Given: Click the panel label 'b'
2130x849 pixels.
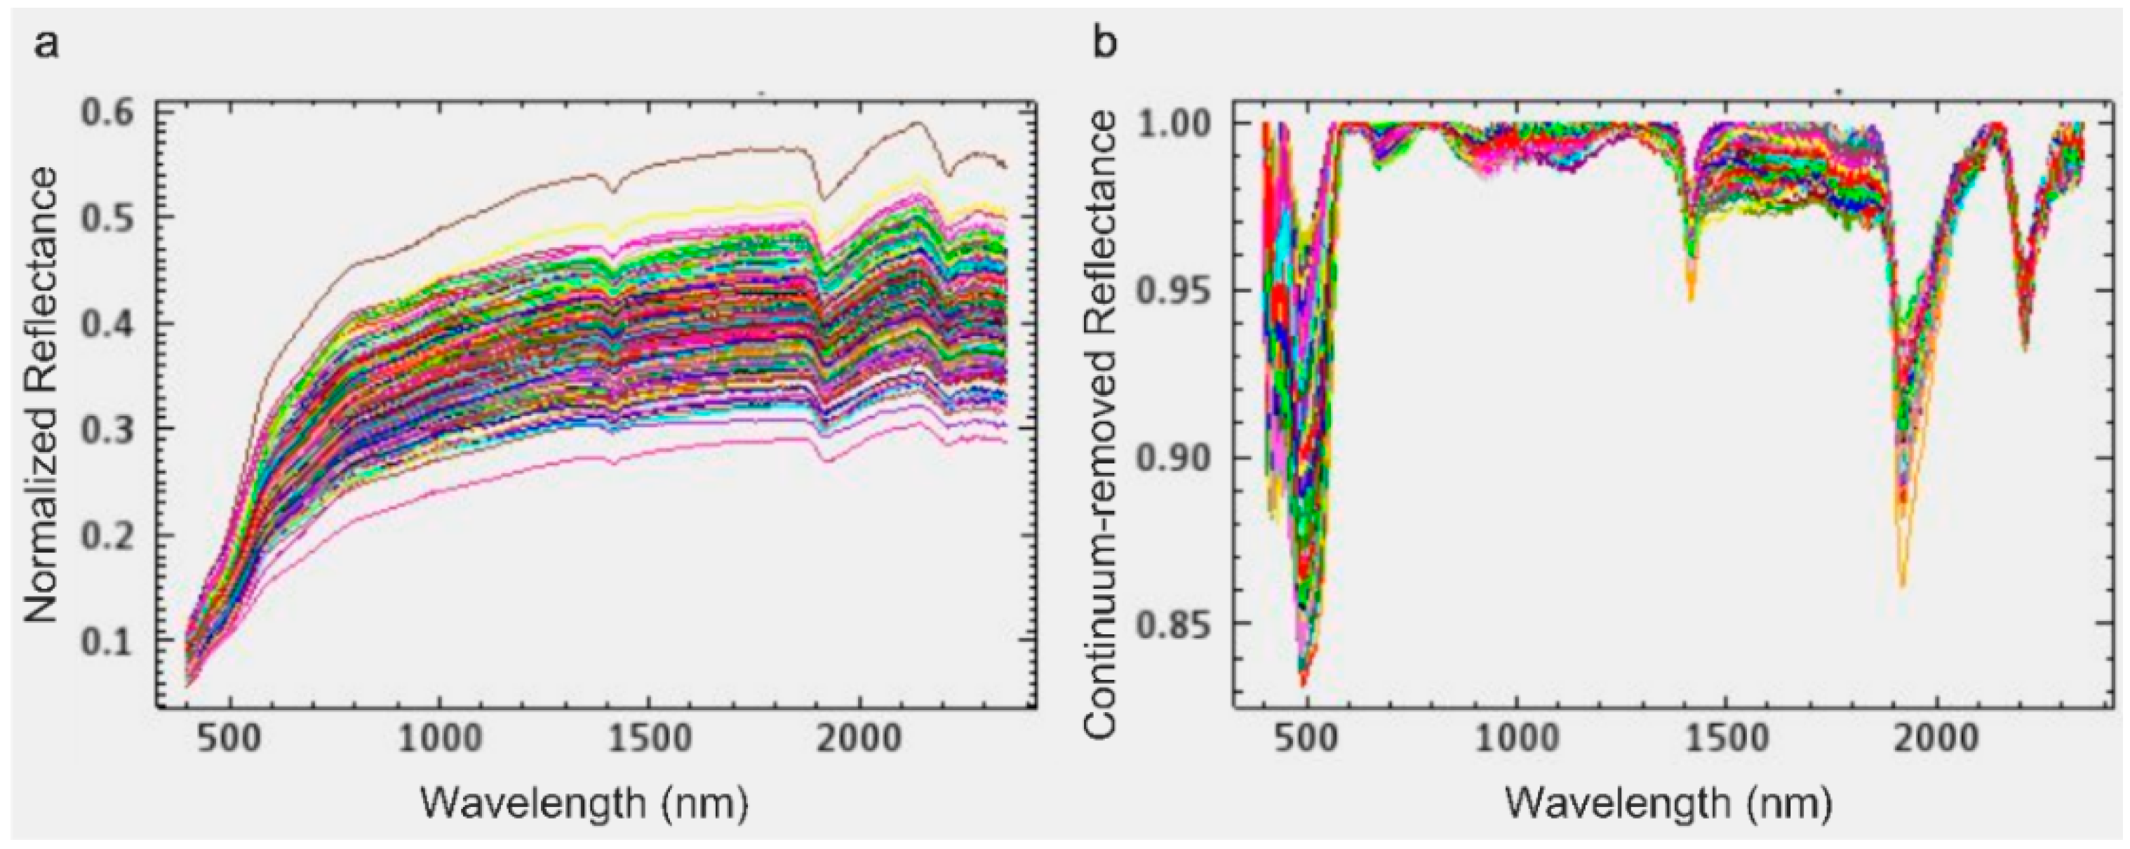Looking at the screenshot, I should [1106, 42].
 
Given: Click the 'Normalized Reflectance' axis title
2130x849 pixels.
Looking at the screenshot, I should [41, 405].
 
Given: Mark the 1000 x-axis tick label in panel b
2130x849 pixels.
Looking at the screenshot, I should [1518, 735].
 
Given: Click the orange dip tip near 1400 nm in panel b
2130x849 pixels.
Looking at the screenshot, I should [1691, 300].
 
